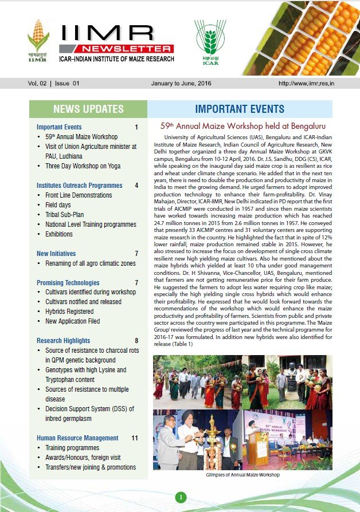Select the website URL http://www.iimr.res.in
click(314, 83)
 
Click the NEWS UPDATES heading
click(88, 109)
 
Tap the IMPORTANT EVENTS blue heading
click(240, 109)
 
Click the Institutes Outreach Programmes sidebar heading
click(79, 186)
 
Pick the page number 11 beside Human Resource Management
click(135, 438)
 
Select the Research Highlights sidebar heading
click(63, 341)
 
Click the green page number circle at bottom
click(180, 497)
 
